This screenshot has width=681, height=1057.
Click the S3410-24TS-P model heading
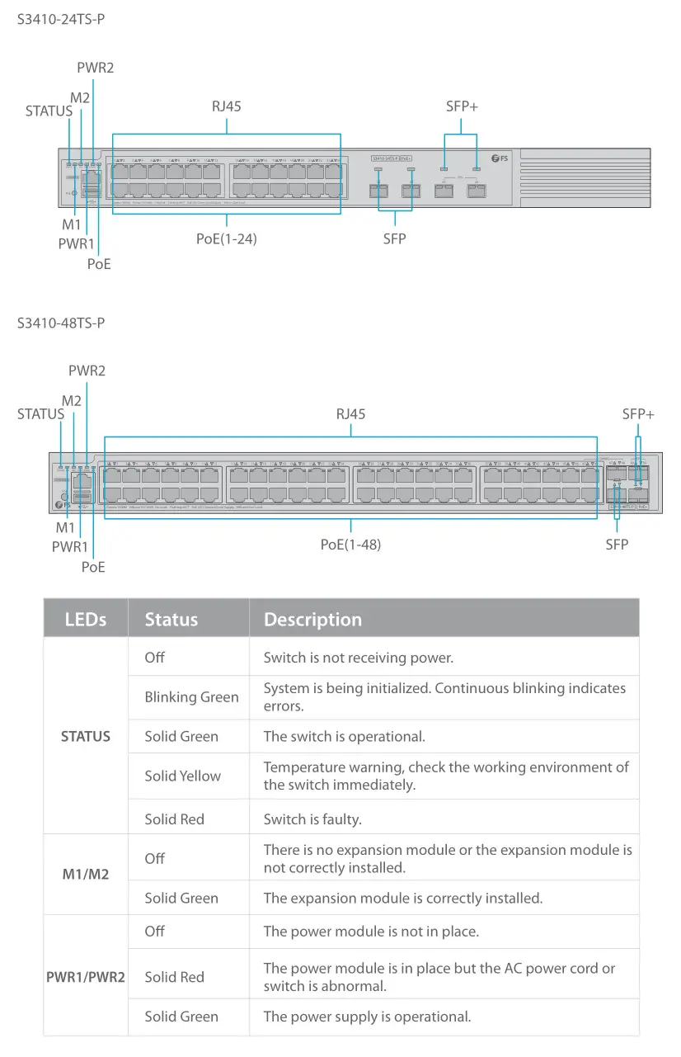point(61,19)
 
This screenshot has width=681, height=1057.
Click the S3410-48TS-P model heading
point(61,323)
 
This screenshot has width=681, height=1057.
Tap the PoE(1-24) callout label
point(227,239)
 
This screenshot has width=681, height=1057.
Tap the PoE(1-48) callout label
point(350,545)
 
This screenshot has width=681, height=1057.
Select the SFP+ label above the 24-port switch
point(462,106)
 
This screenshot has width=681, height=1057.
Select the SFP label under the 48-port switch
point(617,544)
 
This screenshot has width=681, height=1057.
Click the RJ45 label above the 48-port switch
point(350,413)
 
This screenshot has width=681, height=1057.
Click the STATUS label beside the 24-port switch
point(49,111)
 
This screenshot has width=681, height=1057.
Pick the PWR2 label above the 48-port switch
point(87,370)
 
